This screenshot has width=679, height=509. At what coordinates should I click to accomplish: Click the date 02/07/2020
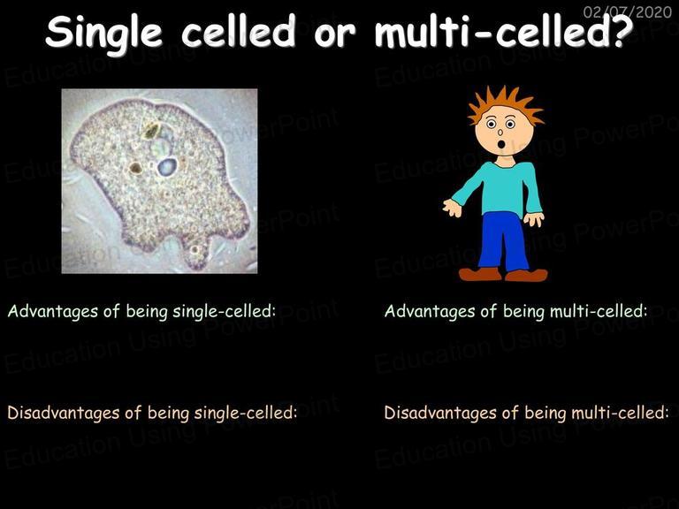point(628,11)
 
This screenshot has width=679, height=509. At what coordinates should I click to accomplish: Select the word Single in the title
point(104,34)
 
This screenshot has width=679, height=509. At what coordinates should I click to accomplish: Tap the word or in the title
point(335,34)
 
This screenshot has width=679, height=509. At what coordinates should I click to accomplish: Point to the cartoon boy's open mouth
point(501,144)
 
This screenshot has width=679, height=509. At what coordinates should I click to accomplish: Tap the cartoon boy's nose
point(500,131)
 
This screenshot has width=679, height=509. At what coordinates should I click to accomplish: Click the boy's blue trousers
point(503,241)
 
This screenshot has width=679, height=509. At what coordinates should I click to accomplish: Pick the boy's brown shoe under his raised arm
point(480,274)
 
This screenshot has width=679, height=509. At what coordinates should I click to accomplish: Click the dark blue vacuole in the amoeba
point(167,167)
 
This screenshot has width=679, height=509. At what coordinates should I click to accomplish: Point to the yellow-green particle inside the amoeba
point(150,130)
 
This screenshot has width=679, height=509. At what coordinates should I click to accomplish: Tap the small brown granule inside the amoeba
point(135,168)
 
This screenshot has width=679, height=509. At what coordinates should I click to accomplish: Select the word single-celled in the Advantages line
point(224,311)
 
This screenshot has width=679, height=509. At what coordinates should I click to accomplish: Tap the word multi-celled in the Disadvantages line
point(620,413)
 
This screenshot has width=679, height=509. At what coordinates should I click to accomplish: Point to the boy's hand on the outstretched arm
point(453,208)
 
